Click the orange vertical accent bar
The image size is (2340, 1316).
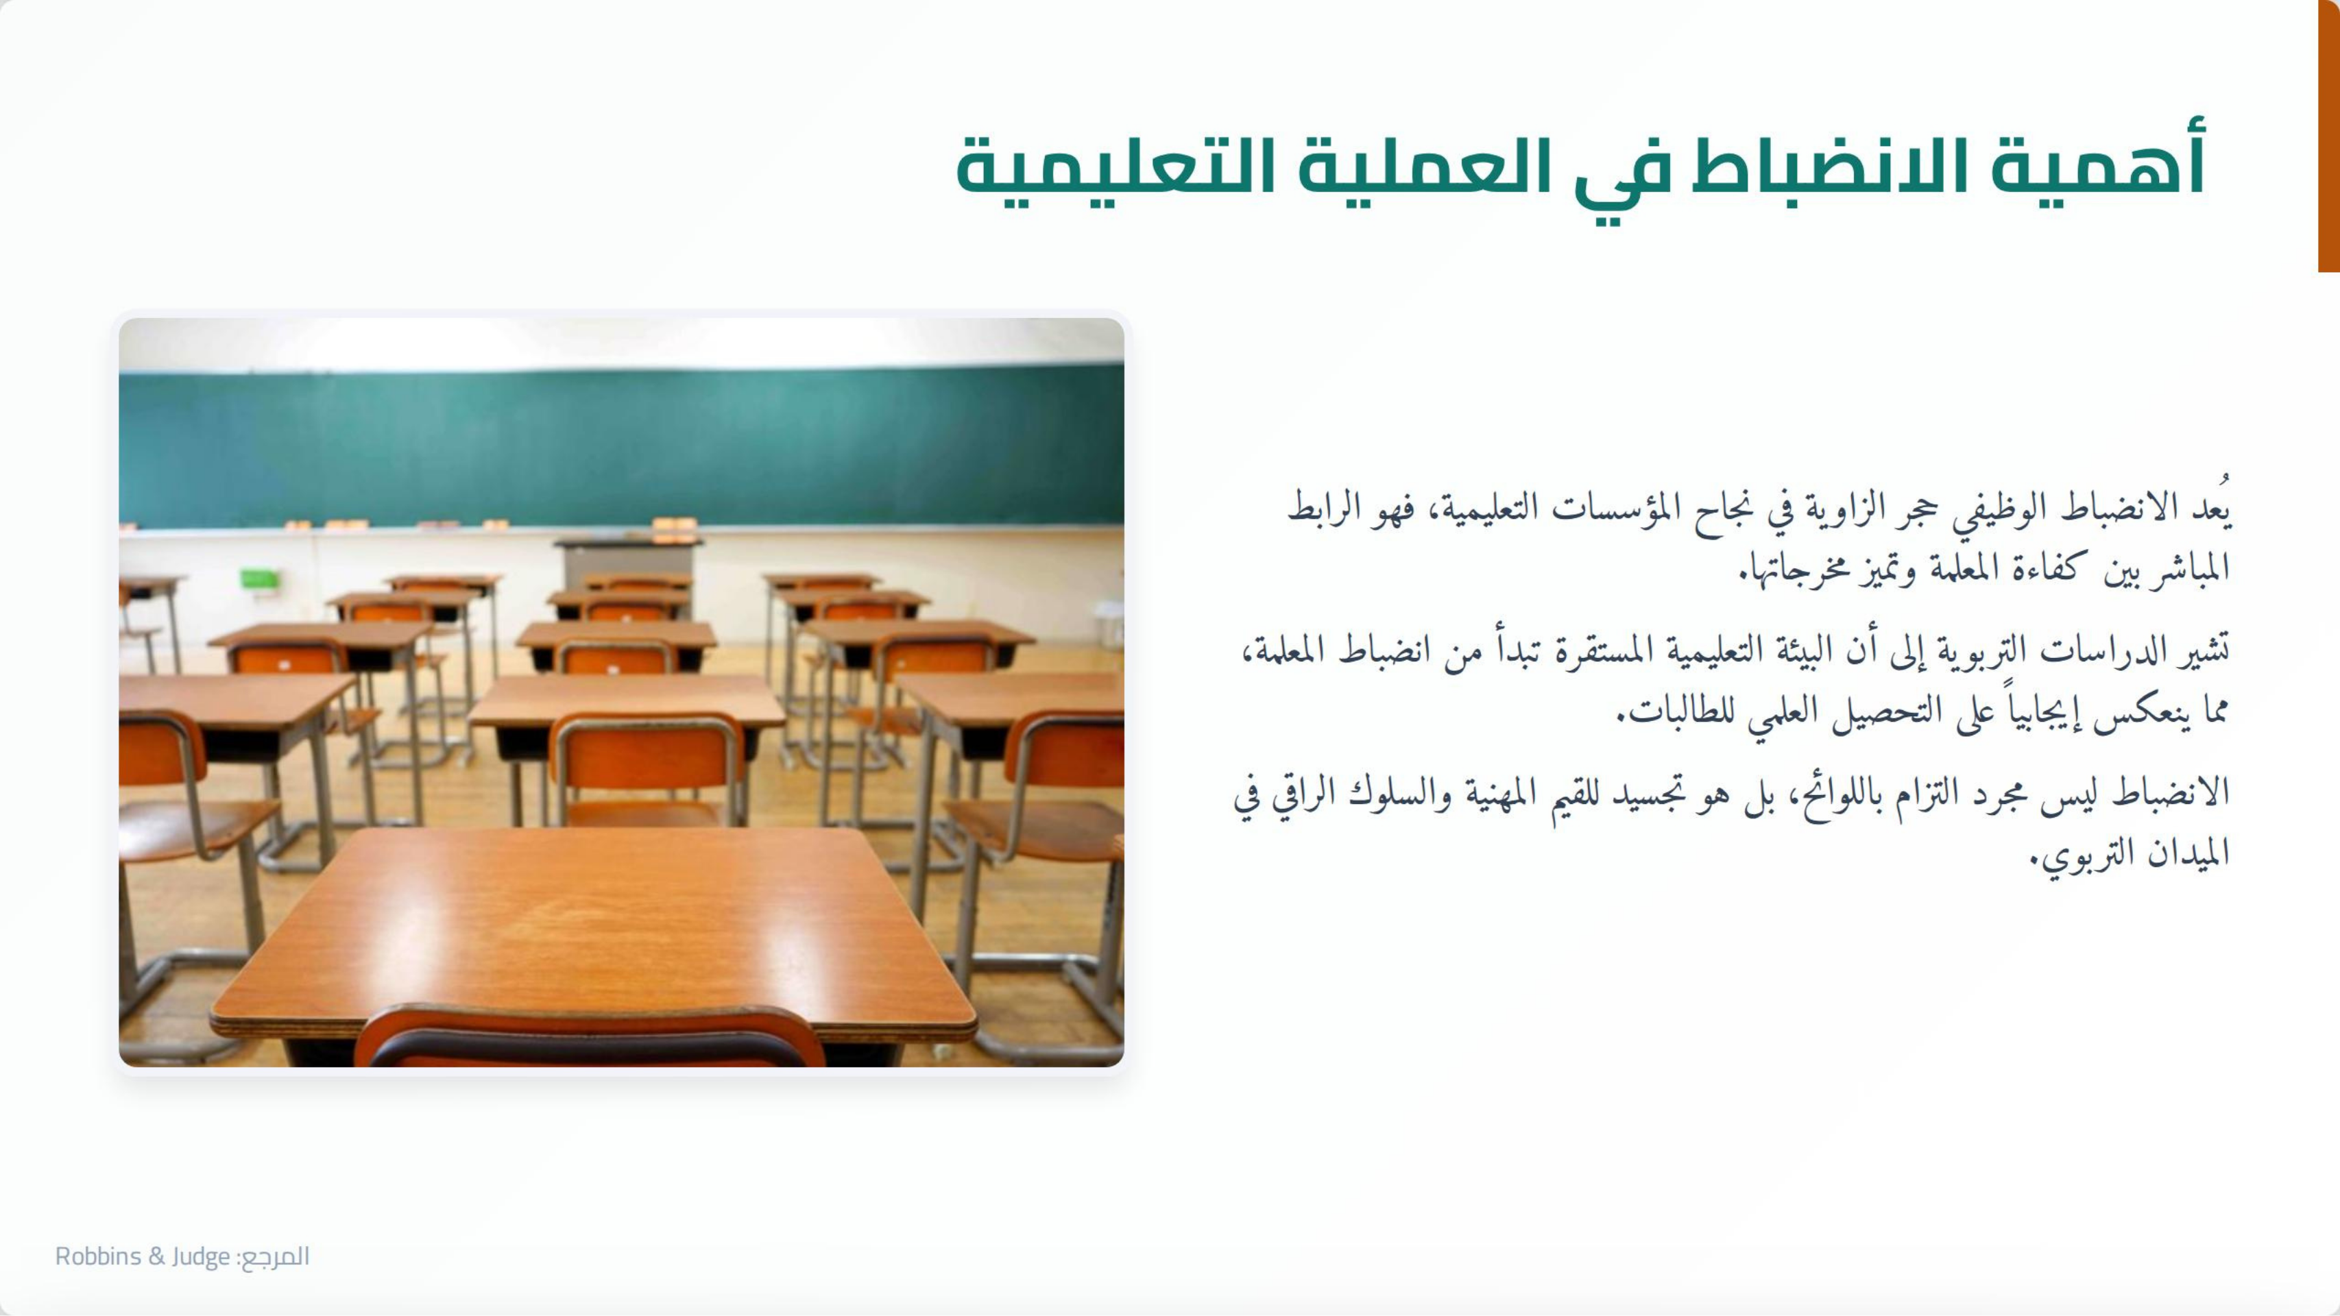(2328, 136)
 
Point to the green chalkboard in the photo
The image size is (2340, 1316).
(621, 445)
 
